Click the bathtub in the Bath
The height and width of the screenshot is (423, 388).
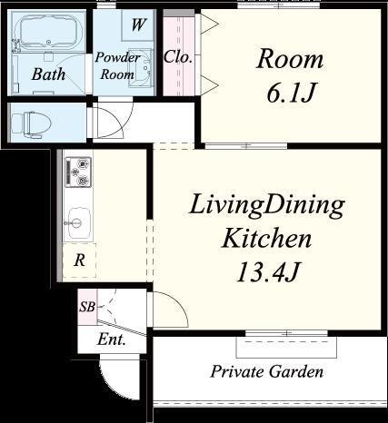47,32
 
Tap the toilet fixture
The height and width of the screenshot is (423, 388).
31,124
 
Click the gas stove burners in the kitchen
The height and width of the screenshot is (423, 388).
78,172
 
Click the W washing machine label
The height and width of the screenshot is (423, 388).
139,25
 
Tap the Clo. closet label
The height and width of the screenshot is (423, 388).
178,57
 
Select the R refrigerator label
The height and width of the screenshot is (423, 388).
80,261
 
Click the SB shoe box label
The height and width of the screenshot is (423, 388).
87,308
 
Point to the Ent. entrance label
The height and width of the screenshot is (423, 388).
112,339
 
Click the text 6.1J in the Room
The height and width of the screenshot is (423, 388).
291,92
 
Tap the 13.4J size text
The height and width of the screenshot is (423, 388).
268,271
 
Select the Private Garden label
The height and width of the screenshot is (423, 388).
267,371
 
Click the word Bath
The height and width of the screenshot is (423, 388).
48,74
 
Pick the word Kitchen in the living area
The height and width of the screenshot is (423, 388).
266,238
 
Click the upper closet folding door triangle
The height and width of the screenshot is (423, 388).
211,24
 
